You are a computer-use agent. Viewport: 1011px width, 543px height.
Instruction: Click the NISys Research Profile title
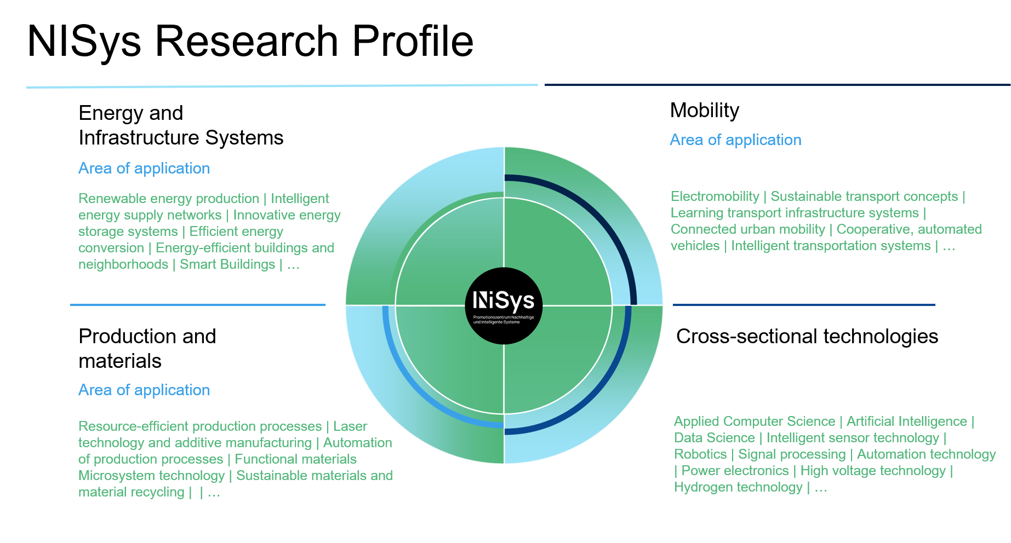250,42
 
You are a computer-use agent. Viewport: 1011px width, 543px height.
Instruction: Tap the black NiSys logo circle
504,306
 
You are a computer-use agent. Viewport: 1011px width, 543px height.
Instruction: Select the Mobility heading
705,111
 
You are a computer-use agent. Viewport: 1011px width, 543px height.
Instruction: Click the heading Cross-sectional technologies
807,336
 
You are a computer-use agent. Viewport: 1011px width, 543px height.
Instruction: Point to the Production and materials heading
147,349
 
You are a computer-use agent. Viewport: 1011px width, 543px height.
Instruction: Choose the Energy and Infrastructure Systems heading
181,125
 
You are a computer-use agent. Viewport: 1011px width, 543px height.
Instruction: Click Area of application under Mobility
735,140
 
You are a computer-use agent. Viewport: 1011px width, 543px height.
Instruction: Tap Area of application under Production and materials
144,390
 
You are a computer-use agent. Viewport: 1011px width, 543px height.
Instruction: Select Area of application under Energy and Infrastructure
144,168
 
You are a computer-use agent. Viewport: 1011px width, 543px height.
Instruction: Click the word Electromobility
715,197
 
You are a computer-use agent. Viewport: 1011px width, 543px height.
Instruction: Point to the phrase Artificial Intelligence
907,421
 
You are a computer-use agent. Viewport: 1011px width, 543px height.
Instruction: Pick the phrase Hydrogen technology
738,487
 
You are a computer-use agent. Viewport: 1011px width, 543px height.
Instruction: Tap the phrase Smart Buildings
227,264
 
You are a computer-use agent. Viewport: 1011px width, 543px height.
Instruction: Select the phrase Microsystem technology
152,476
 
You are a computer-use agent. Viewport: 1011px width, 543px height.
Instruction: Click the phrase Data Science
715,438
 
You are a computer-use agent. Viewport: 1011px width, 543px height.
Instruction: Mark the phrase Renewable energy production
169,199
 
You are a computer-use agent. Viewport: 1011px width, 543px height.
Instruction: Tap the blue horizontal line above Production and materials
198,305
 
